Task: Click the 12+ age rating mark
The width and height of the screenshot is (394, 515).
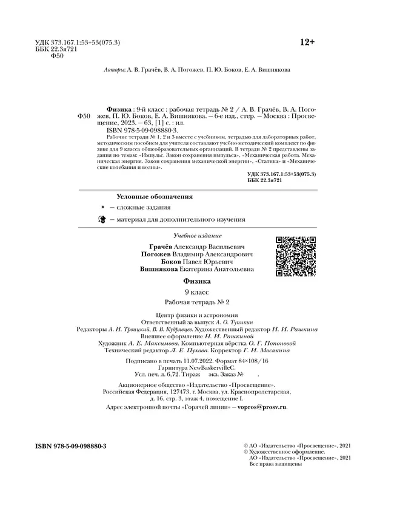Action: coord(308,42)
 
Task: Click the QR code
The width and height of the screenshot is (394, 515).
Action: coord(295,256)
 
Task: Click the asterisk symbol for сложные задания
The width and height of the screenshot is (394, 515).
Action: coord(103,208)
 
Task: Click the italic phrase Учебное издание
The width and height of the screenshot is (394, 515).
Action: coord(197,235)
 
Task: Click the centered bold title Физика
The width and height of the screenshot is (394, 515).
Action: coord(197,281)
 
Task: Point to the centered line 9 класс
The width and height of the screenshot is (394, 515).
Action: coord(197,292)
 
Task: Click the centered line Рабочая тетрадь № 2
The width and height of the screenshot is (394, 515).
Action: coord(197,302)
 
